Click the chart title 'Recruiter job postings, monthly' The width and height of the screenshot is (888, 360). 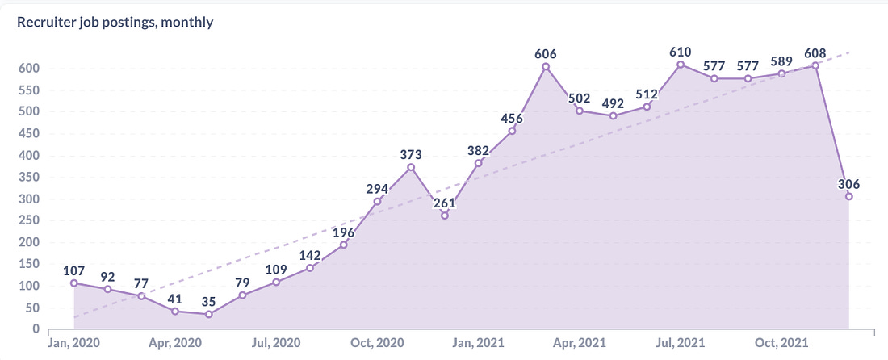coord(115,22)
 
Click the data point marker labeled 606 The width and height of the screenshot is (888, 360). coord(546,67)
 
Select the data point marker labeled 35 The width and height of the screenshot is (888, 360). coord(209,314)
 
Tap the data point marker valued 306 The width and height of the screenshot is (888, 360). coord(848,196)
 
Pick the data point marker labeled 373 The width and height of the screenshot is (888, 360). coord(411,167)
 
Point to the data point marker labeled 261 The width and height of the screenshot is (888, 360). coord(445,216)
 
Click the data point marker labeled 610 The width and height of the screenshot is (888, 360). coord(681,65)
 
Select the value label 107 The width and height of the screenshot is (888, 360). coord(74,270)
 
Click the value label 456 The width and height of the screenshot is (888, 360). coord(512,119)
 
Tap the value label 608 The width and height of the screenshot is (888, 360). coord(815,53)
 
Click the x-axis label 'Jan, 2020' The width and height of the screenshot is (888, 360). coord(73,342)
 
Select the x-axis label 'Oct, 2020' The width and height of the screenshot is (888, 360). coord(377,342)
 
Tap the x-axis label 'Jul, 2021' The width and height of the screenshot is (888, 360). coord(681,342)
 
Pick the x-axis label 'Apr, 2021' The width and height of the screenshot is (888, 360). coord(580,342)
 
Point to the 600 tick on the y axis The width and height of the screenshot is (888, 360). coord(30,69)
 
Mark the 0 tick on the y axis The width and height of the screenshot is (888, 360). coord(36,329)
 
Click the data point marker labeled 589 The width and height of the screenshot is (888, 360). coord(781,73)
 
